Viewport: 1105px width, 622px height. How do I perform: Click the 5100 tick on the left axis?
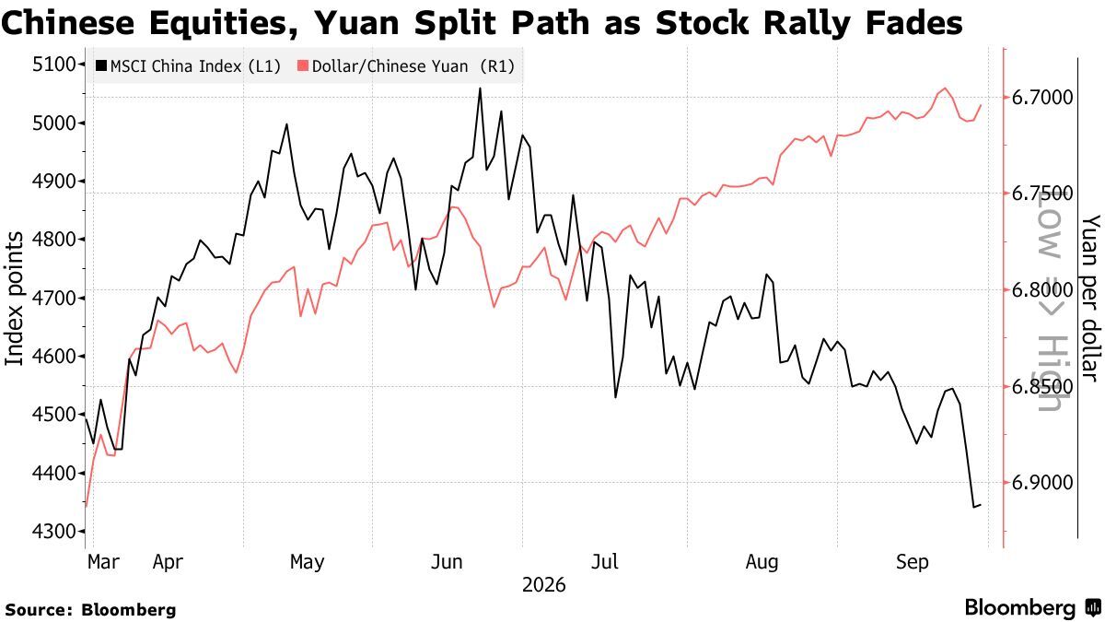pos(54,65)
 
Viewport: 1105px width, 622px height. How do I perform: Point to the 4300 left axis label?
pos(54,532)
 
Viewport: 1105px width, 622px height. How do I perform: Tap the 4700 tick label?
pos(54,299)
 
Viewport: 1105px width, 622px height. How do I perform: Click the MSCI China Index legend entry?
pos(189,66)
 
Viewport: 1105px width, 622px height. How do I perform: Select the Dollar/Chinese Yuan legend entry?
pos(406,66)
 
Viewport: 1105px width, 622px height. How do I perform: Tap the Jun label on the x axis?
pos(447,562)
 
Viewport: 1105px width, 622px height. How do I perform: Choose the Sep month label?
pos(913,562)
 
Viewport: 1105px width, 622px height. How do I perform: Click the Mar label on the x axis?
pos(103,562)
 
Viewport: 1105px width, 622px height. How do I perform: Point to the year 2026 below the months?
pos(543,585)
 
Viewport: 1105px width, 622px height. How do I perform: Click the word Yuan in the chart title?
pos(356,23)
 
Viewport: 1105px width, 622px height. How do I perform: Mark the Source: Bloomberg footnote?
pos(90,610)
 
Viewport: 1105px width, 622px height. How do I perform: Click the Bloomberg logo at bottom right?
pos(1033,607)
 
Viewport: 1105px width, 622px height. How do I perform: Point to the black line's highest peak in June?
pos(480,88)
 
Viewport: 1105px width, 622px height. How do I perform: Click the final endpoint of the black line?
pos(981,505)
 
